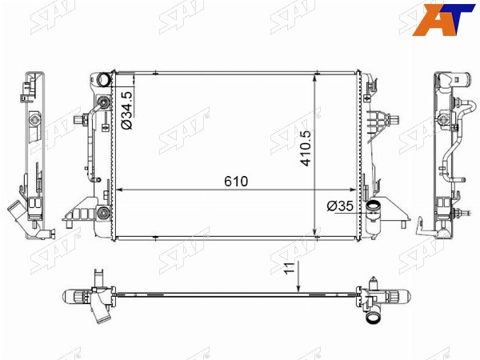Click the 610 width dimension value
point(236,182)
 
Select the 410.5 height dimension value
point(306,149)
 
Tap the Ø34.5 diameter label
point(127,110)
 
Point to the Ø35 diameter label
point(340,206)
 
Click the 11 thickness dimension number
point(290,268)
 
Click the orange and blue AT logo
point(442,19)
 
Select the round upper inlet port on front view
point(103,79)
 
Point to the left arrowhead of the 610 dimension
point(120,190)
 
